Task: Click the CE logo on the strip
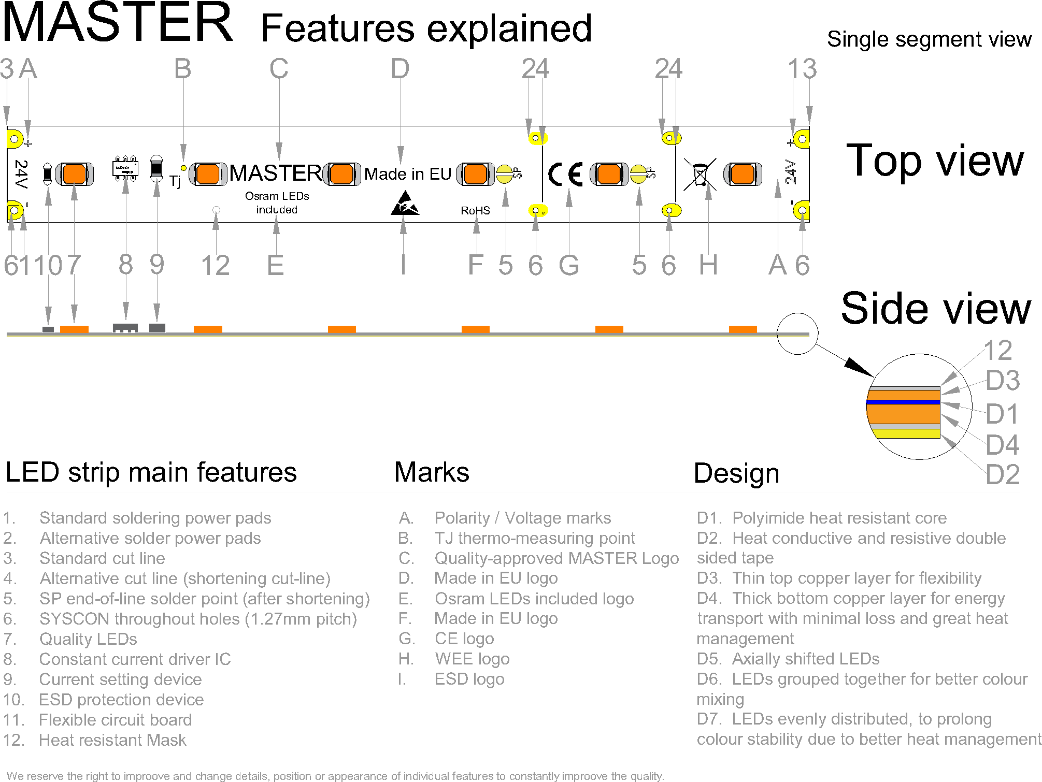(x=565, y=174)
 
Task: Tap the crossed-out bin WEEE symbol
(x=700, y=174)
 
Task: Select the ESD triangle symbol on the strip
(x=405, y=204)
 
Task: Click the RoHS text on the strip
(x=475, y=210)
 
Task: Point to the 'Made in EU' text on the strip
(x=408, y=174)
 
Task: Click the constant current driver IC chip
(x=125, y=168)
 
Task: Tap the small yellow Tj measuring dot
(x=183, y=168)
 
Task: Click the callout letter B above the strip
(x=182, y=69)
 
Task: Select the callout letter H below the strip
(x=708, y=265)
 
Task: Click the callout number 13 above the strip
(x=802, y=69)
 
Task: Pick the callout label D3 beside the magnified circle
(x=1002, y=380)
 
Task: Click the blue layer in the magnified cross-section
(x=903, y=402)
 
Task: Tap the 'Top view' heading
(x=935, y=161)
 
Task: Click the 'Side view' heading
(x=936, y=309)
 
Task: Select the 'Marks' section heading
(x=432, y=472)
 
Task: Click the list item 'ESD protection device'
(x=121, y=700)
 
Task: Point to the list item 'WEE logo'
(x=472, y=659)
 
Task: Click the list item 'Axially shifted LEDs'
(x=806, y=659)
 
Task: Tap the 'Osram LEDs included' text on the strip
(x=277, y=203)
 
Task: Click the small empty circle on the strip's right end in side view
(x=797, y=334)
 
